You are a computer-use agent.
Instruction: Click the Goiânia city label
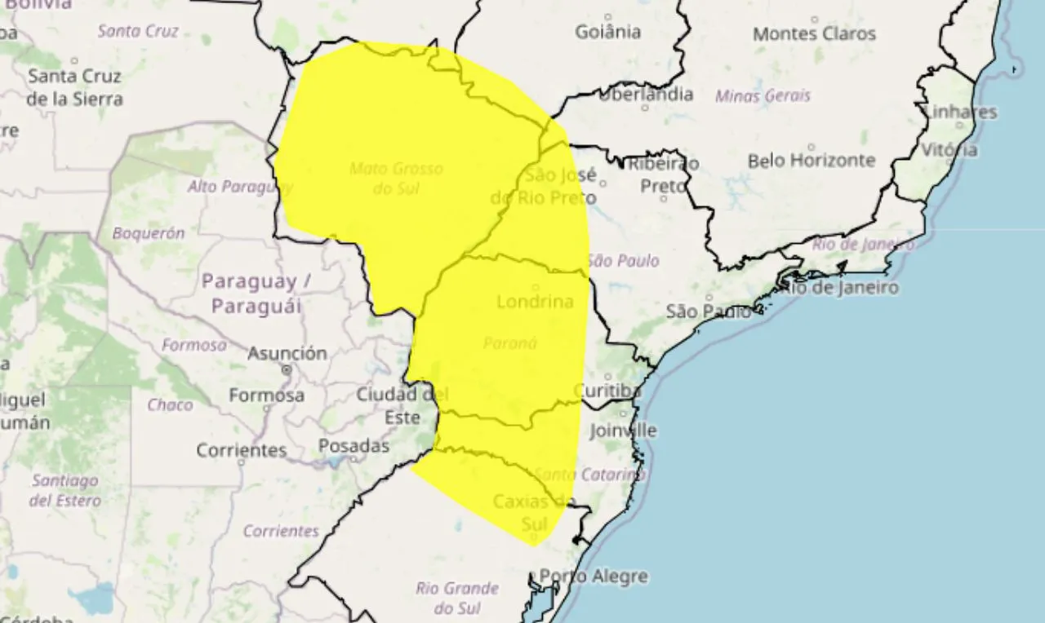point(607,33)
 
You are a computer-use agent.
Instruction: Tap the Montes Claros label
point(814,34)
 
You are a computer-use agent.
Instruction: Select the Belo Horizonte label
point(811,161)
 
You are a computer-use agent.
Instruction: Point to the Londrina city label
point(535,302)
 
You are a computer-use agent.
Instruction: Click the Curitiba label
point(607,391)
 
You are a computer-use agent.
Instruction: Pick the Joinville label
point(623,430)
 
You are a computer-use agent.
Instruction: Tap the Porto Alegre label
point(594,577)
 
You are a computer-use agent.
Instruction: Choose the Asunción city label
point(287,354)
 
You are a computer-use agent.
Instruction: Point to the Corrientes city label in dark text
point(242,450)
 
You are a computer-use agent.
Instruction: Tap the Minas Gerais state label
point(763,96)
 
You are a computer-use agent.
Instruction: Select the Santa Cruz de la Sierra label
point(74,88)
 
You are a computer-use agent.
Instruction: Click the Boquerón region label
point(149,233)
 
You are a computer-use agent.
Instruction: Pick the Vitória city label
point(949,150)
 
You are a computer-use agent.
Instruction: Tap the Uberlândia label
point(646,94)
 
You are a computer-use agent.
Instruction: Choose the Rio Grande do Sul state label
point(457,598)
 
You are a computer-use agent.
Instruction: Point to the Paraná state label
point(510,343)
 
